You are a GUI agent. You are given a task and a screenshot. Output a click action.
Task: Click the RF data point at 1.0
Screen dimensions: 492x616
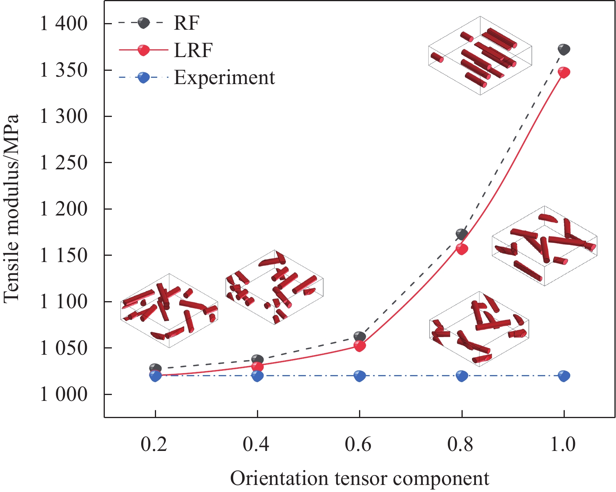[564, 50]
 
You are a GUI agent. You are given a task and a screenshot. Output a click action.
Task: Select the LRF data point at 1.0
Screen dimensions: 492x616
[564, 72]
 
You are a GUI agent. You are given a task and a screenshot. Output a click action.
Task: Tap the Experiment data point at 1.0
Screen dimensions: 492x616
[564, 376]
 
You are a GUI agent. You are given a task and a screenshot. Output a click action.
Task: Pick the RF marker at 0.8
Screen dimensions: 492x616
[462, 234]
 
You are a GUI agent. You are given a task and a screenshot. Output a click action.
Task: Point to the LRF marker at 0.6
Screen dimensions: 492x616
[360, 346]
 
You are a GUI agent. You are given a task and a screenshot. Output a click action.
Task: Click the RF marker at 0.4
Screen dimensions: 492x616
[257, 359]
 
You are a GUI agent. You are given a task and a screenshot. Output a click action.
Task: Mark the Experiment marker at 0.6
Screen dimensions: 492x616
[360, 376]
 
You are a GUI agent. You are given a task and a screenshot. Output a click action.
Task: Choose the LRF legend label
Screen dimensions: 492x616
[193, 50]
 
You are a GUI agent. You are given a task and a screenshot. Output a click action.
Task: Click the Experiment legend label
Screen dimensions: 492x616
[224, 77]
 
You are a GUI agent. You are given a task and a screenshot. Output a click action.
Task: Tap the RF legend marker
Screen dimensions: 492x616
[144, 23]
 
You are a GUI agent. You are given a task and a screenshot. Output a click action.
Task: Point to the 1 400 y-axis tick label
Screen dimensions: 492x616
[63, 24]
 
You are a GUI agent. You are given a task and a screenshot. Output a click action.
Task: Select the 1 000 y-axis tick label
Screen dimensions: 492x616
[63, 394]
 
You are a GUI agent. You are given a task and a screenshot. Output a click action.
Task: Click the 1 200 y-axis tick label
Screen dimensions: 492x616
[63, 209]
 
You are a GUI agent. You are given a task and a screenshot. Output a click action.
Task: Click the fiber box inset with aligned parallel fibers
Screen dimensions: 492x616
[480, 56]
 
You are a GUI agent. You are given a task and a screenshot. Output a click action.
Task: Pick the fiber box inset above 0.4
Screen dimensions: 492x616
[275, 287]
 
